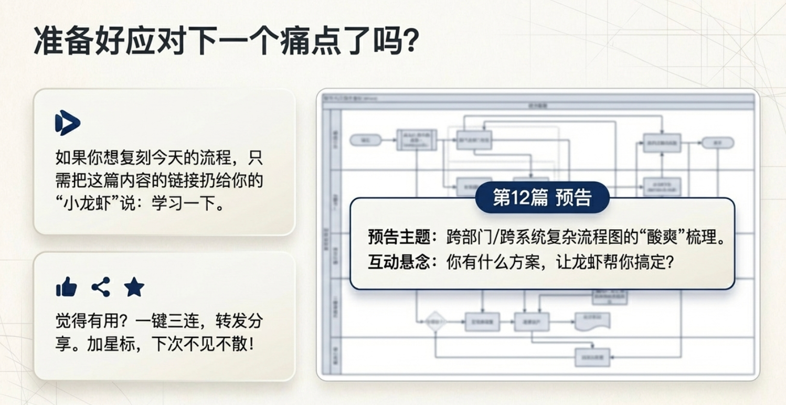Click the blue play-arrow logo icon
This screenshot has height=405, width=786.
tap(68, 123)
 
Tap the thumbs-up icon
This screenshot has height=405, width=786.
tap(67, 287)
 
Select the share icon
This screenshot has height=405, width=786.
tap(101, 287)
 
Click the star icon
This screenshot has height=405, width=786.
tap(134, 287)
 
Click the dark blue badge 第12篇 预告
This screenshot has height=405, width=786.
tap(542, 197)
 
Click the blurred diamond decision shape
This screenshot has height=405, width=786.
tap(436, 321)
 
